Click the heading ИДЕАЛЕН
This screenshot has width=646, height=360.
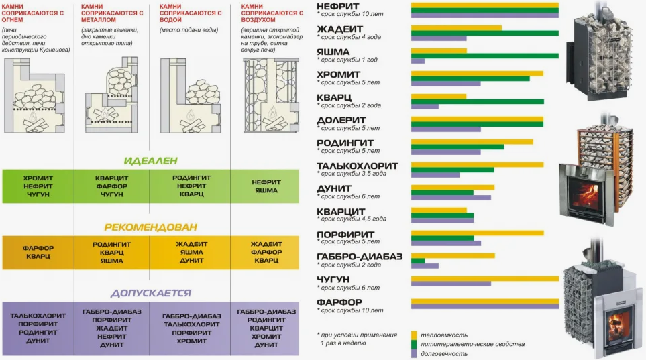151,161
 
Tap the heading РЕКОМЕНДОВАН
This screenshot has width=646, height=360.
151,227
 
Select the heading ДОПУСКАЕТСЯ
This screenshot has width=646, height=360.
151,293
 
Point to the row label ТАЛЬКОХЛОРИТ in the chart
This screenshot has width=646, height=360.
358,166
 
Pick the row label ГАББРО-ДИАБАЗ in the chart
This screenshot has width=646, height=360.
360,257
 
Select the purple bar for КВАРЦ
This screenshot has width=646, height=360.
425,107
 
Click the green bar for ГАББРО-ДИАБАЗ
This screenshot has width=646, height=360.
418,261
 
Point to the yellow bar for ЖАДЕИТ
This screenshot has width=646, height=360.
456,27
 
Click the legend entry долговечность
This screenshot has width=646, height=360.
445,353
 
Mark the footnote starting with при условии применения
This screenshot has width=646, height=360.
358,339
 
